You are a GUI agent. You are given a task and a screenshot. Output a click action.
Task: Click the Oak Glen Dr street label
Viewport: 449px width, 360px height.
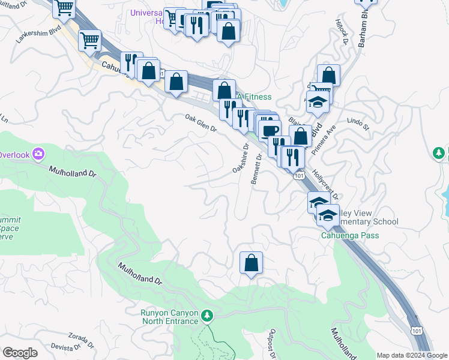pos(200,124)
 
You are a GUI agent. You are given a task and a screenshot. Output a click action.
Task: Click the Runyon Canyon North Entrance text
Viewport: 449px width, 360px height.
pos(169,317)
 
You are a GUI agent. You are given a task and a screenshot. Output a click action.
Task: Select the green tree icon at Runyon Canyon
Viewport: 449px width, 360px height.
pos(207,315)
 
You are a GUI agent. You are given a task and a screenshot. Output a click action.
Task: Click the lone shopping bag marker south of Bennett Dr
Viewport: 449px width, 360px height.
pos(251,263)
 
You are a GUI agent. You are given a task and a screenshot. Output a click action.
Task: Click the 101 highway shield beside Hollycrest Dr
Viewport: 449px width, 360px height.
pos(298,176)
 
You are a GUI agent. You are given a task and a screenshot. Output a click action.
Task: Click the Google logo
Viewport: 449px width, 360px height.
pos(19,353)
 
